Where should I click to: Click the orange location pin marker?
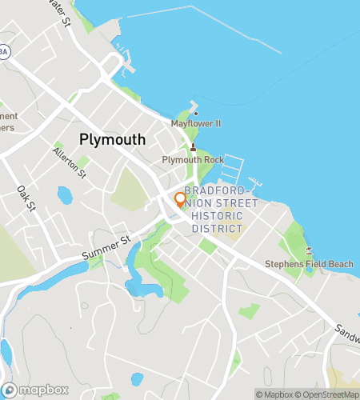[x=180, y=199]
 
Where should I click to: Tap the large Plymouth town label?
[x=113, y=139]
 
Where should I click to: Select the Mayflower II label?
[x=195, y=124]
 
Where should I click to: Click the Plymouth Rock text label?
[x=193, y=160]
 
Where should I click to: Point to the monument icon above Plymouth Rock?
[x=193, y=147]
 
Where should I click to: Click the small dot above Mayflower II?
[x=195, y=113]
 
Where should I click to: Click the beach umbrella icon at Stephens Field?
[x=309, y=250]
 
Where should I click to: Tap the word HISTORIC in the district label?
[x=217, y=216]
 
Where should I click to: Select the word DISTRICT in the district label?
[x=217, y=228]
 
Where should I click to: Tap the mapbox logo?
[x=38, y=390]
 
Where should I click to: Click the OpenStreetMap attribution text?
[x=329, y=394]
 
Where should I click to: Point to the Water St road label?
[x=60, y=12]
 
